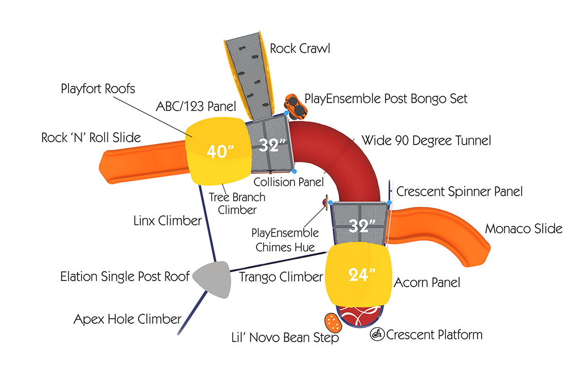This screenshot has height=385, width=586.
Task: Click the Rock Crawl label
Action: pyautogui.click(x=300, y=49)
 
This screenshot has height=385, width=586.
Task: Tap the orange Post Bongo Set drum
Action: pyautogui.click(x=296, y=105)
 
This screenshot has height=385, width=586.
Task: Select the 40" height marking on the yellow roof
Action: pyautogui.click(x=220, y=151)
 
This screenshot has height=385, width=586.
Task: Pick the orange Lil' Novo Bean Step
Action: pyautogui.click(x=333, y=323)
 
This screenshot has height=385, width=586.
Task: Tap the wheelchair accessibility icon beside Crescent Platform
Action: pyautogui.click(x=377, y=335)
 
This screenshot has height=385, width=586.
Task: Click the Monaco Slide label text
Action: pyautogui.click(x=524, y=228)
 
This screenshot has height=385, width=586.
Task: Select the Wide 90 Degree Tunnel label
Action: pyautogui.click(x=426, y=140)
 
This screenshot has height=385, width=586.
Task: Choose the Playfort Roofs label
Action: pyautogui.click(x=98, y=89)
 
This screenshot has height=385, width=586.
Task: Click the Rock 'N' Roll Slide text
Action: pyautogui.click(x=91, y=137)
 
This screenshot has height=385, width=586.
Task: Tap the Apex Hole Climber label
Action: pyautogui.click(x=127, y=319)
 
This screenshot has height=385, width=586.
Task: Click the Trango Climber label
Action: pyautogui.click(x=281, y=277)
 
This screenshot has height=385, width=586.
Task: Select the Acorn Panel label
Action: pyautogui.click(x=427, y=282)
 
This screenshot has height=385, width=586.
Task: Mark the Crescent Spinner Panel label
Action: pyautogui.click(x=460, y=191)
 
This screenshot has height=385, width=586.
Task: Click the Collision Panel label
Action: pyautogui.click(x=289, y=182)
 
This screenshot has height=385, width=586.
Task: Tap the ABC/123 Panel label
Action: pyautogui.click(x=196, y=107)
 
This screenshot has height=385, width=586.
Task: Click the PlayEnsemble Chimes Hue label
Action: pyautogui.click(x=285, y=240)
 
